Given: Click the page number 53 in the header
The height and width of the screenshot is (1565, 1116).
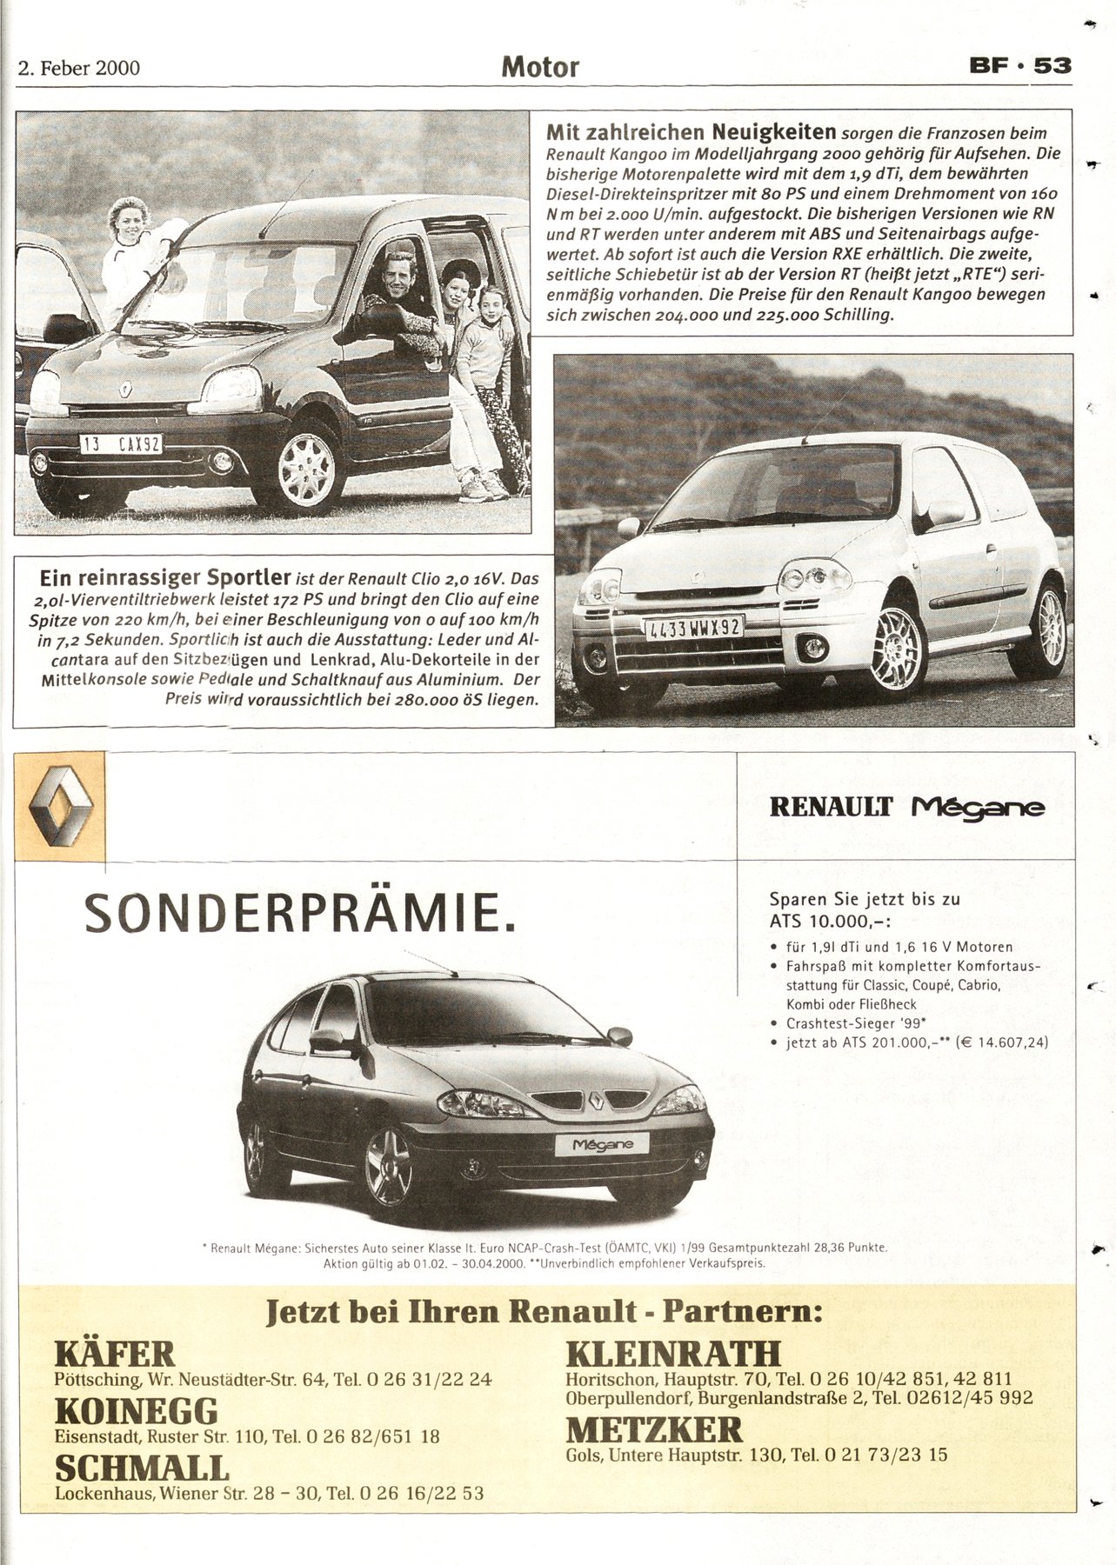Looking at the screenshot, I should [x=1053, y=66].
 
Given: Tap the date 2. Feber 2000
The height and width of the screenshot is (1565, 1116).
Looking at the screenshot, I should [x=79, y=68].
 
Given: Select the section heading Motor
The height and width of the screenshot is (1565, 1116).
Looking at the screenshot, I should [x=539, y=67].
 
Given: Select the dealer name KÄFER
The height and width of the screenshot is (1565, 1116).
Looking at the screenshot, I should [x=115, y=1354].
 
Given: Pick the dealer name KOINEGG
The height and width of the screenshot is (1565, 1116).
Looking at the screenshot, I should [x=136, y=1409].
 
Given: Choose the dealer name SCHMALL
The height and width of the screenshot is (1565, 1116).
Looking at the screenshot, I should [x=142, y=1468].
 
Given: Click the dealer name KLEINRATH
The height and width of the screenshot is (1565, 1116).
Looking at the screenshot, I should [x=673, y=1354].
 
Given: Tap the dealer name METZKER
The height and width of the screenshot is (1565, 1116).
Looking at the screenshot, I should [x=654, y=1430].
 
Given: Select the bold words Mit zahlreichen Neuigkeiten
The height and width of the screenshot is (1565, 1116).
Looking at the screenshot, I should [x=691, y=133].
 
